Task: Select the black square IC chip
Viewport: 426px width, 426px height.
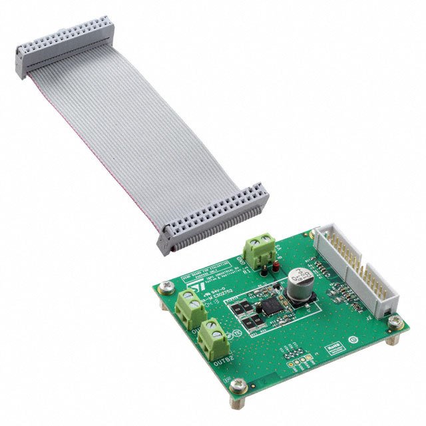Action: click(273, 307)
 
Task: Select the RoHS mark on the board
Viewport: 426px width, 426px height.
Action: click(334, 347)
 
